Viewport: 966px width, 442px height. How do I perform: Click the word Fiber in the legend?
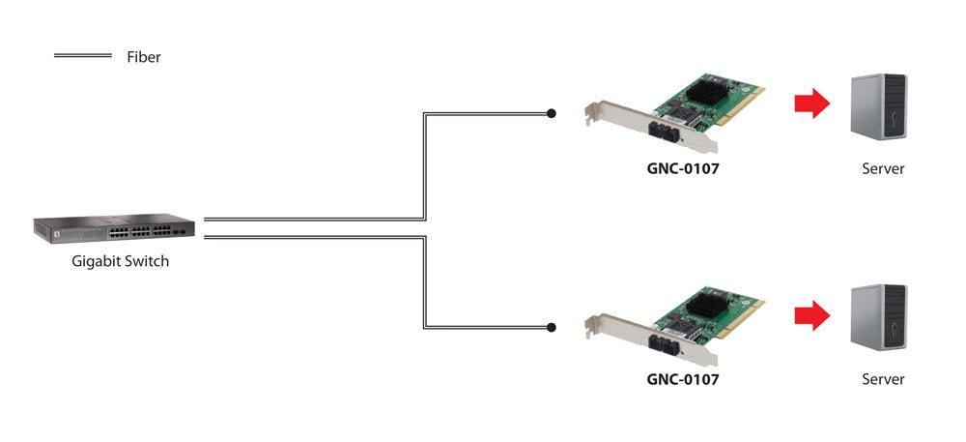[143, 57]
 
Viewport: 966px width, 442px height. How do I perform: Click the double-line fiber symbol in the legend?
[83, 57]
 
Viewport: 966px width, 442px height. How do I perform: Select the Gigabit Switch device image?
[114, 228]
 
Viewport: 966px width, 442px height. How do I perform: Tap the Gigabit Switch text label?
[120, 261]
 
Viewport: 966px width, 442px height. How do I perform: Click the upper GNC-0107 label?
[682, 167]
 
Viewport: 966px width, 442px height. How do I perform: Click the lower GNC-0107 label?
[682, 379]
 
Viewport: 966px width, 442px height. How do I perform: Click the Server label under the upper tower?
[883, 168]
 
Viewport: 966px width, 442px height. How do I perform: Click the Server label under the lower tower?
[883, 379]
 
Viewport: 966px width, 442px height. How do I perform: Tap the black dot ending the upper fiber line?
[551, 113]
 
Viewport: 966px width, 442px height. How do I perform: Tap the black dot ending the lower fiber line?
[551, 327]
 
